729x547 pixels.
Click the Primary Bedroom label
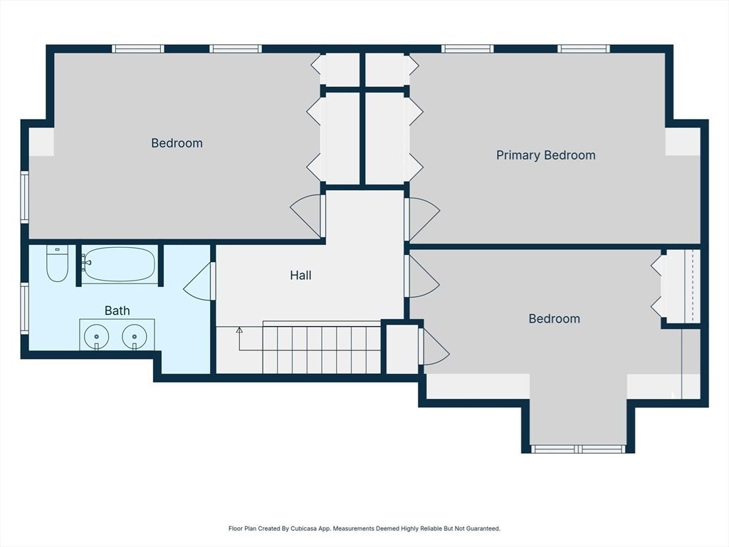545,155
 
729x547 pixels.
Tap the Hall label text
300,275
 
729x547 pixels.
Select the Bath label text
117,311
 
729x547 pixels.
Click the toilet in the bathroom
57,264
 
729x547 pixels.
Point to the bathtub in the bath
118,264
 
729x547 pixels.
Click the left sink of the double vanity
97,335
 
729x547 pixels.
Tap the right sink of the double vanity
134,335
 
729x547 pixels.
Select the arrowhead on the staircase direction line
239,330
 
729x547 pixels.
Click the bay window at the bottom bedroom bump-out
578,449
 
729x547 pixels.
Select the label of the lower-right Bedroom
554,319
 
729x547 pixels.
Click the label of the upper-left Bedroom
177,143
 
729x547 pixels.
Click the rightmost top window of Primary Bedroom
583,49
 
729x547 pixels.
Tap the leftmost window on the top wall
138,49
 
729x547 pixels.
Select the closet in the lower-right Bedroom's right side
680,286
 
